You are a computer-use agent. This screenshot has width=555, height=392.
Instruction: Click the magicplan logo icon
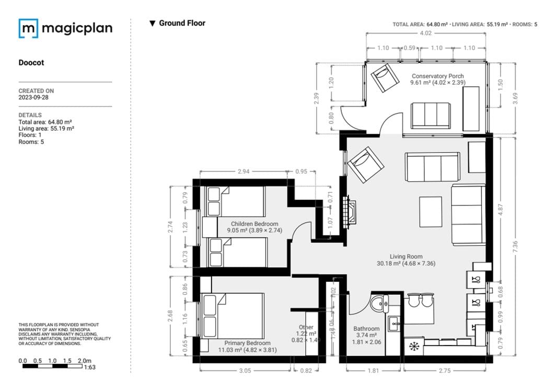coord(28,28)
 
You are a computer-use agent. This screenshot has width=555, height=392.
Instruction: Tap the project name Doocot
coord(31,63)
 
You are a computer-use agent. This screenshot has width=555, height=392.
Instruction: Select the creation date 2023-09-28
coord(34,97)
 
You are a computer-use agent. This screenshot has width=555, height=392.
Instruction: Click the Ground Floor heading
coord(182,23)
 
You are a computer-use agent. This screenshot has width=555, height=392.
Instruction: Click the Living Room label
coord(406,257)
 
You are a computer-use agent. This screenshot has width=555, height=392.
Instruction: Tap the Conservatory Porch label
coord(437,76)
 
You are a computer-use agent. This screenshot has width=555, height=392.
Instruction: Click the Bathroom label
coord(366,329)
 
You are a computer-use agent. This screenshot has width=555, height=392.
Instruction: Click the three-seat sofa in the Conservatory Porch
coord(431,115)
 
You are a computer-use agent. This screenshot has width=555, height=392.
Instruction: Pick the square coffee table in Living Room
coord(431,211)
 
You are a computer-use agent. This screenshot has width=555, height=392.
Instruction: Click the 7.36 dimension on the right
coord(516,251)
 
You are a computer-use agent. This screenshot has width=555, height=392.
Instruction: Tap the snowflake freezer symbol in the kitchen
coord(413,347)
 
